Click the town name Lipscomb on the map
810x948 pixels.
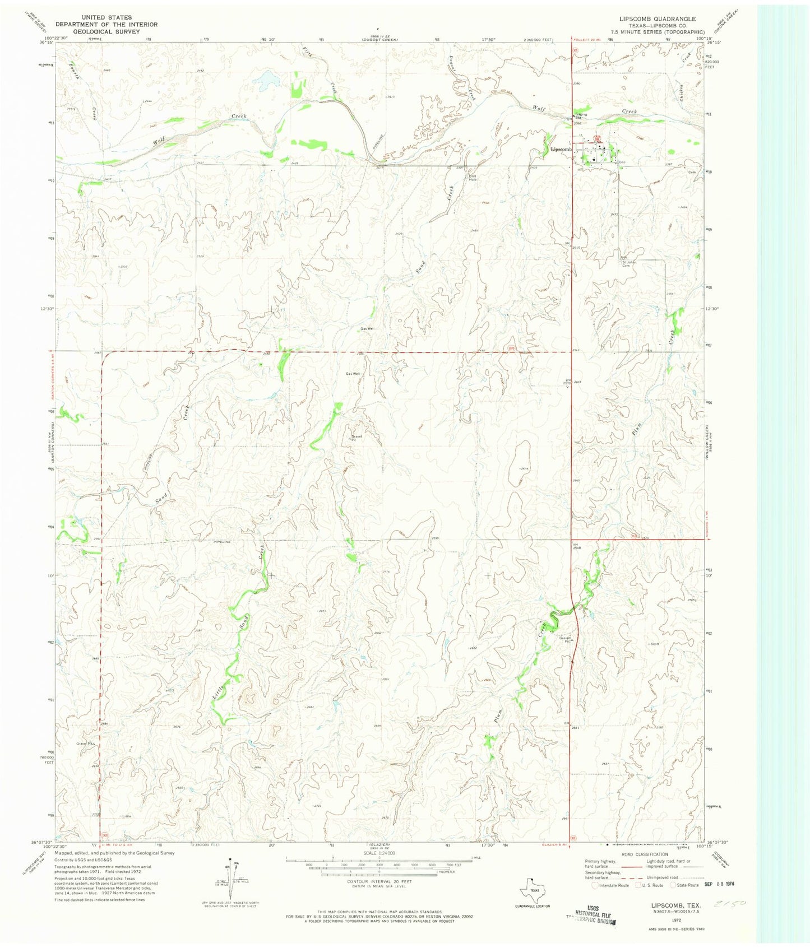(560, 150)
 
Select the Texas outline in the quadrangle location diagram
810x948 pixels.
(534, 889)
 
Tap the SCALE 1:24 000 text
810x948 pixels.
(379, 853)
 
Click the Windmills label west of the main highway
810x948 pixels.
(567, 243)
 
